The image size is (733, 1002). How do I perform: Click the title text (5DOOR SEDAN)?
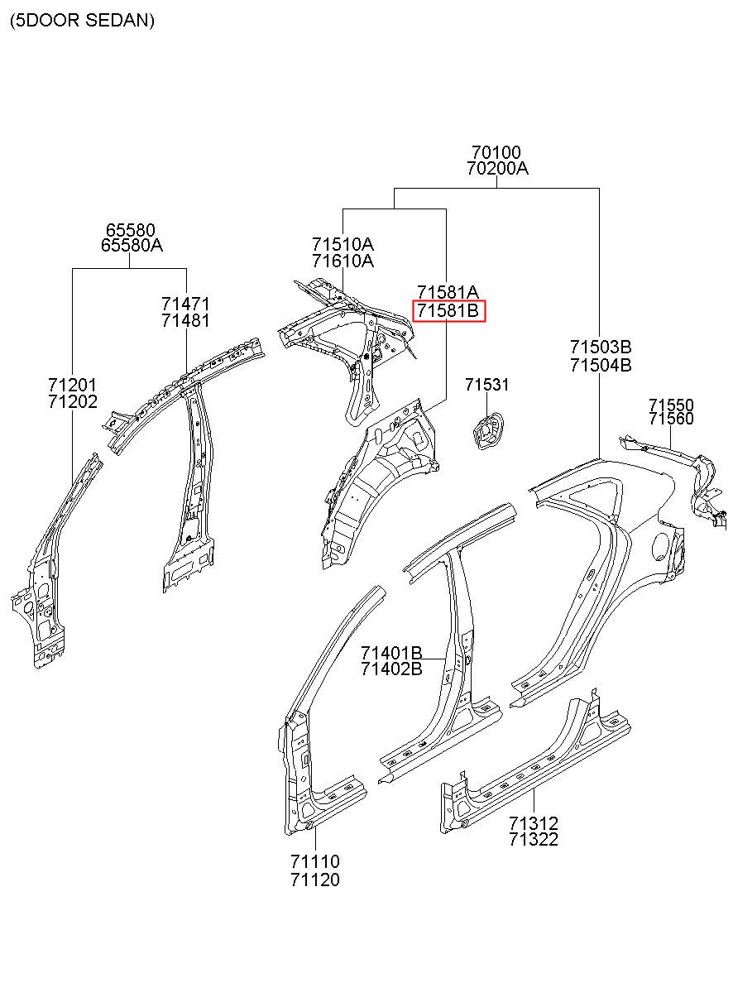pyautogui.click(x=82, y=21)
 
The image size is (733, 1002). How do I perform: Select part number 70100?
pyautogui.click(x=496, y=152)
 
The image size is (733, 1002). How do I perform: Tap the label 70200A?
pyautogui.click(x=497, y=169)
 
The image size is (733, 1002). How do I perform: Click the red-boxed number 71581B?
pyautogui.click(x=448, y=310)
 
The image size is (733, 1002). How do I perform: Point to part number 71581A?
pyautogui.click(x=448, y=292)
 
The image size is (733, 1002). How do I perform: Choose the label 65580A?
pyautogui.click(x=132, y=245)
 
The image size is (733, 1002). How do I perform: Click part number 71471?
pyautogui.click(x=185, y=304)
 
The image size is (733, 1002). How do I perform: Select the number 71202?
pyautogui.click(x=73, y=401)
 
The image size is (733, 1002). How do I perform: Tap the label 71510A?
pyautogui.click(x=343, y=245)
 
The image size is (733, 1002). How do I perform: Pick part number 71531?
pyautogui.click(x=487, y=385)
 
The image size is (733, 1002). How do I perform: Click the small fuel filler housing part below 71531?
pyautogui.click(x=487, y=431)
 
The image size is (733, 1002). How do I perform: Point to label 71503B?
pyautogui.click(x=601, y=347)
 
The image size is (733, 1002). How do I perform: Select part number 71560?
pyautogui.click(x=671, y=419)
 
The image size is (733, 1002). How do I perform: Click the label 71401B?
pyautogui.click(x=391, y=654)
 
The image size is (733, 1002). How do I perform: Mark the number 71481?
pyautogui.click(x=185, y=321)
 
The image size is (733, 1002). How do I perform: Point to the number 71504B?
pyautogui.click(x=601, y=366)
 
